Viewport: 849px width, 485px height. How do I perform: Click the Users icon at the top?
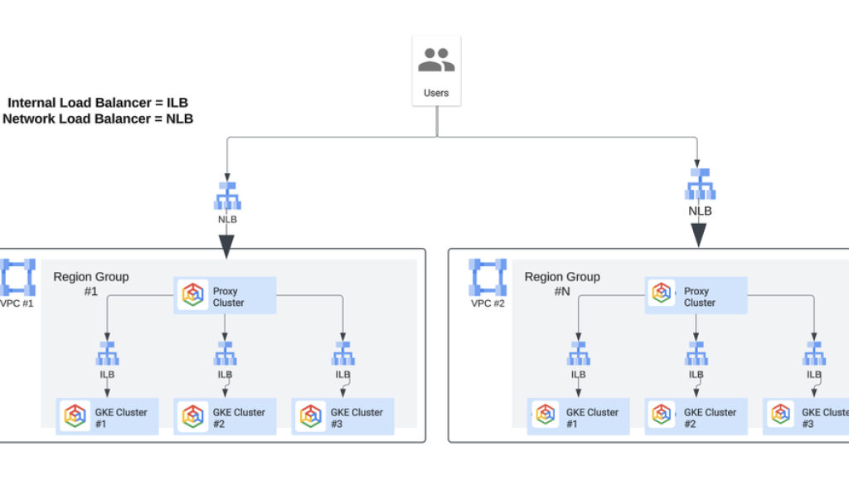(x=436, y=61)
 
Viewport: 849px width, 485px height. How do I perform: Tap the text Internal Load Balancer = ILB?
(x=98, y=103)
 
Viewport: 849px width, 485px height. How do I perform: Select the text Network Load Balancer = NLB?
(x=98, y=119)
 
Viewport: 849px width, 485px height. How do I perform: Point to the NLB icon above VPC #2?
(x=700, y=184)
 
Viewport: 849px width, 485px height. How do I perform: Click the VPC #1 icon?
(x=17, y=277)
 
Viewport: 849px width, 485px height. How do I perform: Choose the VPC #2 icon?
(x=488, y=278)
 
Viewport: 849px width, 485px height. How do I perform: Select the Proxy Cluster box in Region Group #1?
(x=225, y=296)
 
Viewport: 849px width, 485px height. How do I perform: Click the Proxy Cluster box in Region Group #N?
(x=696, y=296)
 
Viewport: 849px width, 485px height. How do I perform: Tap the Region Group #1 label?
(x=91, y=284)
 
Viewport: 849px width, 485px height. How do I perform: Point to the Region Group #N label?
(x=562, y=284)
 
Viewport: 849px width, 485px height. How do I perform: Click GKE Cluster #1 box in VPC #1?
(x=108, y=417)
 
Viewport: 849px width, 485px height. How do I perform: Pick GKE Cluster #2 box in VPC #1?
(x=226, y=417)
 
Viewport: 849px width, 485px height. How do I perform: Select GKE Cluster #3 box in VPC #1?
(x=343, y=417)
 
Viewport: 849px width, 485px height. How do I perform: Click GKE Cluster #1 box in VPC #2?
(x=579, y=417)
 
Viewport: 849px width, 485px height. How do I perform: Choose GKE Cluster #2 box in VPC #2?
(x=696, y=417)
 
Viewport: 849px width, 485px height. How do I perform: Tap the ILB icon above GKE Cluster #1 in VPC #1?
(x=107, y=354)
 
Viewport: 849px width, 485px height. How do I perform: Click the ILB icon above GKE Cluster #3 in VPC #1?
(x=342, y=354)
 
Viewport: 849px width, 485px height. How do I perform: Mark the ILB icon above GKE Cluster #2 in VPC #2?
(x=696, y=354)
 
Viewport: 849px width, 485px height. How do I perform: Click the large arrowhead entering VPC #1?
(x=226, y=246)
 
